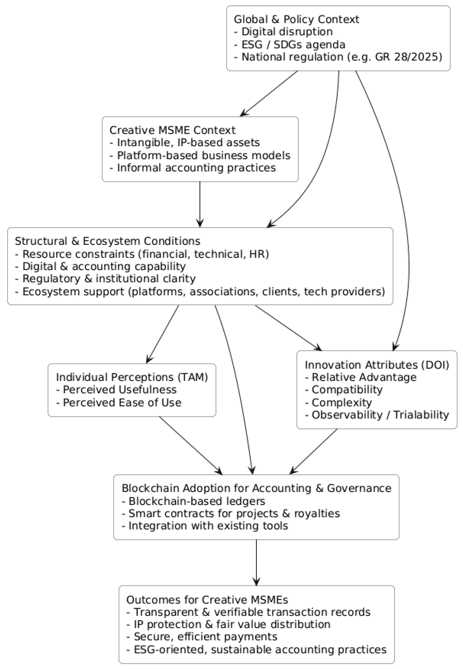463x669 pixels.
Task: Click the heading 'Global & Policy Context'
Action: click(x=296, y=19)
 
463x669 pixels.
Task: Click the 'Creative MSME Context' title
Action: click(x=172, y=130)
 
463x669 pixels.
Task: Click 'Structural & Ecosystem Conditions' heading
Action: click(x=107, y=241)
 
